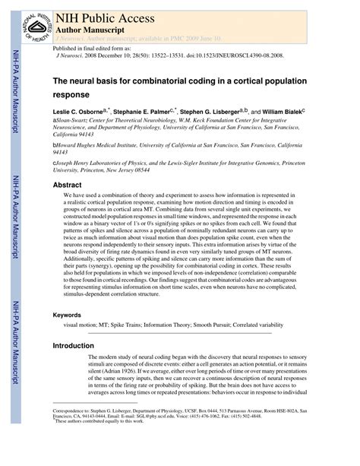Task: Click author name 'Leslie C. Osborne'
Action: pyautogui.click(x=78, y=112)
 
